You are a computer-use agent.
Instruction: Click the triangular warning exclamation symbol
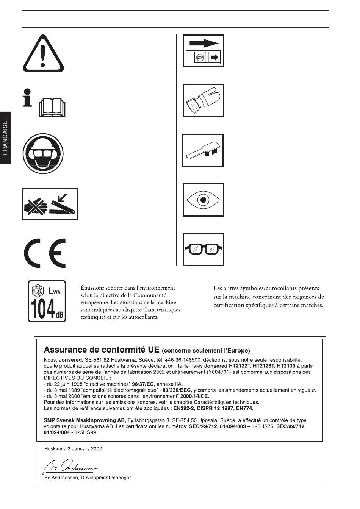click(x=44, y=53)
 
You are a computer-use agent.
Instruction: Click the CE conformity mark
click(x=45, y=253)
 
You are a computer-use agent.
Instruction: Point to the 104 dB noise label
click(x=47, y=301)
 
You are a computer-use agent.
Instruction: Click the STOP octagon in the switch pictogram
click(x=200, y=58)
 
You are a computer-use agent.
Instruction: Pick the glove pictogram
click(x=203, y=100)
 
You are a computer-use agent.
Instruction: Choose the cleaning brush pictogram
click(x=203, y=151)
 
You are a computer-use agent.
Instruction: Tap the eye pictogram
click(x=203, y=200)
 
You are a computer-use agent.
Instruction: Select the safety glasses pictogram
click(x=203, y=249)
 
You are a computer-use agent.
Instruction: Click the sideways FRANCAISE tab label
click(x=5, y=137)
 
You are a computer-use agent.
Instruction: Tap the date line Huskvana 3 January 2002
click(x=73, y=449)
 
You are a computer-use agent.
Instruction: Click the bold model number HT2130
click(x=286, y=366)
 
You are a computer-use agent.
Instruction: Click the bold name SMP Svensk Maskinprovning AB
click(x=85, y=420)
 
